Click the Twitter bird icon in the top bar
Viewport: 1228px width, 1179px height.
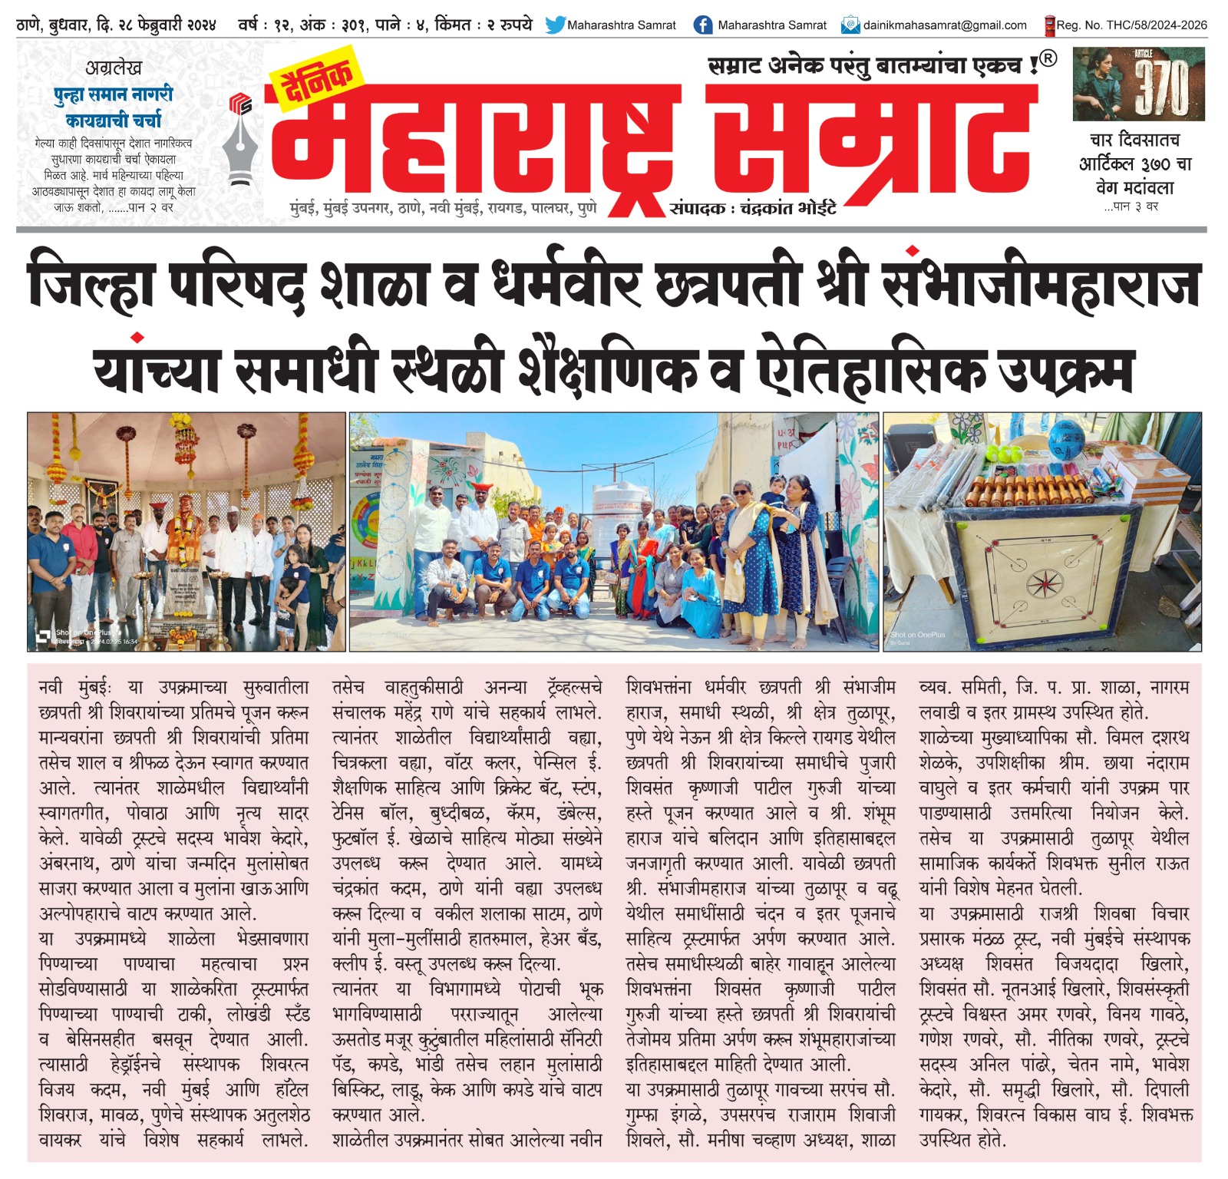tap(554, 25)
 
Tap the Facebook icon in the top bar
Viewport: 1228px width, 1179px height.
tap(701, 25)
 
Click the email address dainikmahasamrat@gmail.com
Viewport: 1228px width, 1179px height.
tap(944, 25)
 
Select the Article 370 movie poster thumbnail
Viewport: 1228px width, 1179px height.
tap(1138, 84)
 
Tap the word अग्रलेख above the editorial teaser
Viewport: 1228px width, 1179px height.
tap(114, 68)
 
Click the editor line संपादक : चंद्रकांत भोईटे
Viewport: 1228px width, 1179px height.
tap(752, 208)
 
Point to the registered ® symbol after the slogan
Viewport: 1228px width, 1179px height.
tap(1048, 58)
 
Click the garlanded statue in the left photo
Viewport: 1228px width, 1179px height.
tap(183, 522)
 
